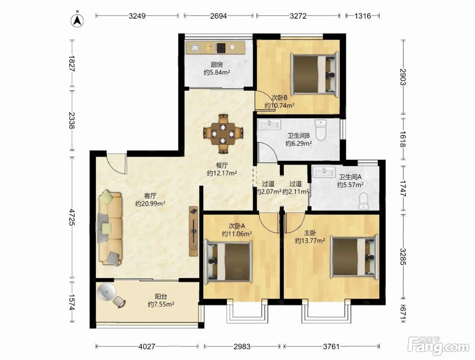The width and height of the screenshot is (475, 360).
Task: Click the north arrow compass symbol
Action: point(77,21)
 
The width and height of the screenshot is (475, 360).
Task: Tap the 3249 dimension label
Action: point(137,16)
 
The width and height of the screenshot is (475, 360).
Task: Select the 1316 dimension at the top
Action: point(363,16)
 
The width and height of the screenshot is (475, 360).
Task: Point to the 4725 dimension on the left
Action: point(72,217)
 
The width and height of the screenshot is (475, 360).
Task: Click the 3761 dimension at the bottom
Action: point(331,346)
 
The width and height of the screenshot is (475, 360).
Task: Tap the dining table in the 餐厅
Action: point(223,134)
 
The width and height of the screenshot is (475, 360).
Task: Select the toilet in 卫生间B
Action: point(321,130)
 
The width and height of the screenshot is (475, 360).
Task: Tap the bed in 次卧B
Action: point(315,75)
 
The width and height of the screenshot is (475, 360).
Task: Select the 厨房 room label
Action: point(216,64)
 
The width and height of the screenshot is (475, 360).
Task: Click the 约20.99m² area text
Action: point(150,204)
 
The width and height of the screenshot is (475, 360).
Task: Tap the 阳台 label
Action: point(161,297)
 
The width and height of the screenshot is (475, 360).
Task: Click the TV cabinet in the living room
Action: point(193,231)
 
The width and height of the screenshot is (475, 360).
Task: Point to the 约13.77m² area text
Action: point(310,241)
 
